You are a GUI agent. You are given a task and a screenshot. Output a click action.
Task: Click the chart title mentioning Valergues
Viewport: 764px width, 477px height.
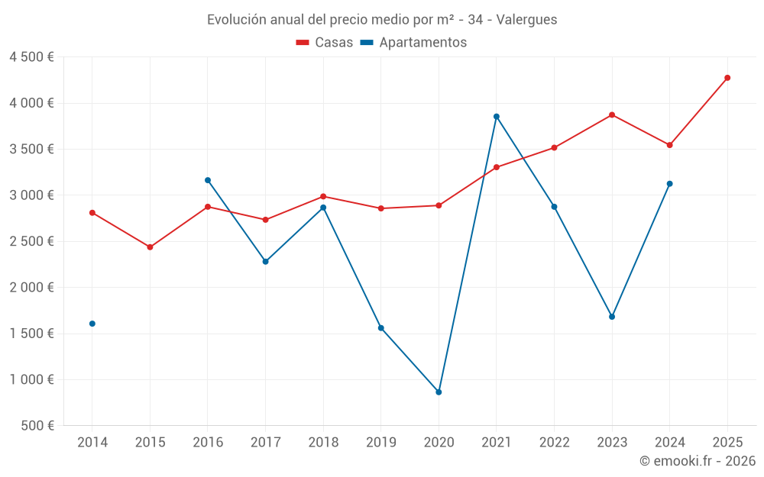click(x=382, y=19)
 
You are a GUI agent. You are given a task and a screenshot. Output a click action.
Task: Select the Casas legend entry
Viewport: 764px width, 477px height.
click(x=325, y=43)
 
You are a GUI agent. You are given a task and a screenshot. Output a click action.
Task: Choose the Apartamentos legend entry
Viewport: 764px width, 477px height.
click(x=413, y=43)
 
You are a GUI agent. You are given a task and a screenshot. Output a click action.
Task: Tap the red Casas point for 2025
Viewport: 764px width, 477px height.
click(x=727, y=78)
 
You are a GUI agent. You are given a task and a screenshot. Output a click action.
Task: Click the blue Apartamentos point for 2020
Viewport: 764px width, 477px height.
click(x=439, y=392)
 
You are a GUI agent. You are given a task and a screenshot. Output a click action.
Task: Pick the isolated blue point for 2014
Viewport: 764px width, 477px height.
click(x=92, y=324)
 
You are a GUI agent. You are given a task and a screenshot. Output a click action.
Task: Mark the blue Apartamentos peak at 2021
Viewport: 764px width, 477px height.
click(x=497, y=117)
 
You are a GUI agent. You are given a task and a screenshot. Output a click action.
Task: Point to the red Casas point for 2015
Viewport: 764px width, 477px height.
click(x=150, y=247)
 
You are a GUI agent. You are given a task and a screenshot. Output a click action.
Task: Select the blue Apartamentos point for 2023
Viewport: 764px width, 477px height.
click(x=612, y=317)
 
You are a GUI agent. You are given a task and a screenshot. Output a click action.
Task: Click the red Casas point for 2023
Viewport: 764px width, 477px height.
click(x=612, y=115)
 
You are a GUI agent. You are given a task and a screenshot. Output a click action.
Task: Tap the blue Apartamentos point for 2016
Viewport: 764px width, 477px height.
click(x=208, y=180)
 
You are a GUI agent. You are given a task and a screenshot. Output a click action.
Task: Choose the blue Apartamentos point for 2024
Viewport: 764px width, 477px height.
click(x=670, y=184)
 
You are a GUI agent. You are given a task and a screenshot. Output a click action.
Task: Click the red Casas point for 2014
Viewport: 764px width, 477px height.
click(x=92, y=213)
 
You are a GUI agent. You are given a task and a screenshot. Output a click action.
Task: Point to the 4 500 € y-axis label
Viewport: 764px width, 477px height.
click(x=31, y=57)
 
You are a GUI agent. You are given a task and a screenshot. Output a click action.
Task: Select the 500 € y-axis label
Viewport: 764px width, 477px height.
click(x=37, y=426)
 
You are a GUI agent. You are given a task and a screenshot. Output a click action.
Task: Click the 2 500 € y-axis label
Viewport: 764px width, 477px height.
click(x=31, y=241)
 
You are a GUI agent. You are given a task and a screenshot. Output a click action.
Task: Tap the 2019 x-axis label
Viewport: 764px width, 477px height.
click(x=381, y=443)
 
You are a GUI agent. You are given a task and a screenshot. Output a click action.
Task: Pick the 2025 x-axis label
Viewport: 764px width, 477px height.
click(x=727, y=443)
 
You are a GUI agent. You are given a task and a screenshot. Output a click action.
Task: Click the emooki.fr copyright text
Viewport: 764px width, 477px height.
click(x=698, y=461)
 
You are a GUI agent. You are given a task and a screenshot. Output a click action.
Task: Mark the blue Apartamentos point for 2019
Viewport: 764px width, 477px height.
click(x=381, y=328)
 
